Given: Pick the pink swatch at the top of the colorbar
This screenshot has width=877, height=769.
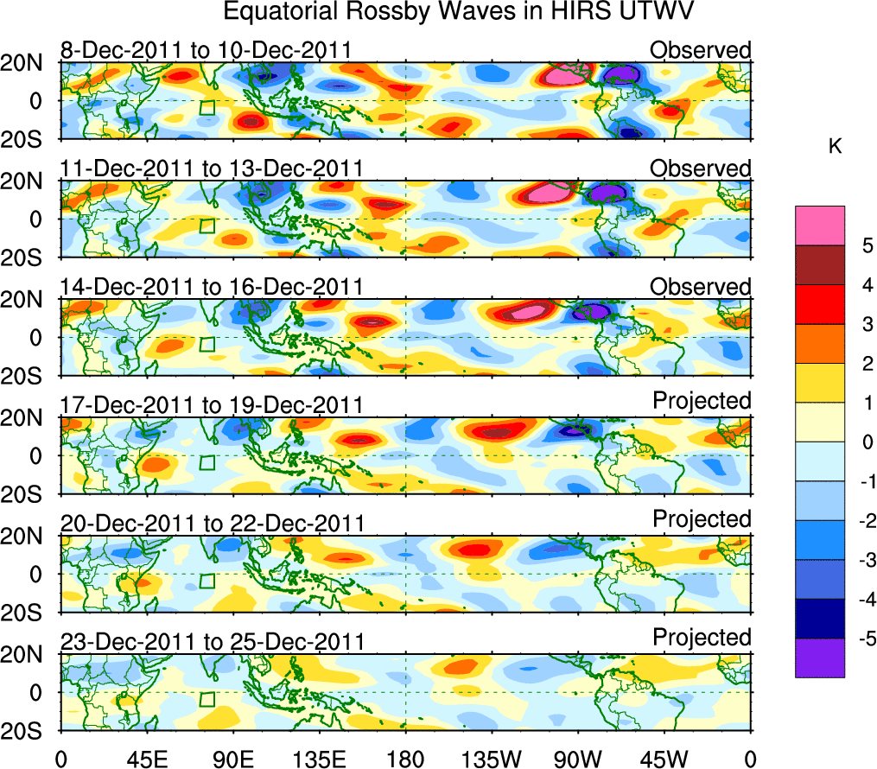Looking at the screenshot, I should (x=819, y=226).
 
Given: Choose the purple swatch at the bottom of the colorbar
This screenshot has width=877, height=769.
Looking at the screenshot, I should (x=819, y=658).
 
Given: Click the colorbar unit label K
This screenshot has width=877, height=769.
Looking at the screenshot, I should (x=835, y=148).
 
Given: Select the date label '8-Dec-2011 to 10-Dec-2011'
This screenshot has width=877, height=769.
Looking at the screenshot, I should (x=206, y=50).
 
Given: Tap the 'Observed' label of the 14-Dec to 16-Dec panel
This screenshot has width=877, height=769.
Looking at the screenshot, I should (x=700, y=287).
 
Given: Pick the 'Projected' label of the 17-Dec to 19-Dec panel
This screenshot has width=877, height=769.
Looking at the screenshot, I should (x=702, y=401).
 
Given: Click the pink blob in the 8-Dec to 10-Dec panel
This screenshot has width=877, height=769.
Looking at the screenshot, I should (x=568, y=75).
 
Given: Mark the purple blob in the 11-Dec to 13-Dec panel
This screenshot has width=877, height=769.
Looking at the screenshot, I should (x=611, y=194).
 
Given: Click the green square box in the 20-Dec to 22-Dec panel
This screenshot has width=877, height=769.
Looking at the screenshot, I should (x=207, y=581).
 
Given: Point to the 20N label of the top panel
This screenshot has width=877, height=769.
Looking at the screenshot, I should (x=29, y=63).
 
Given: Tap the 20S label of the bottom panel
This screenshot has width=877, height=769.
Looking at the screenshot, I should (x=29, y=731).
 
